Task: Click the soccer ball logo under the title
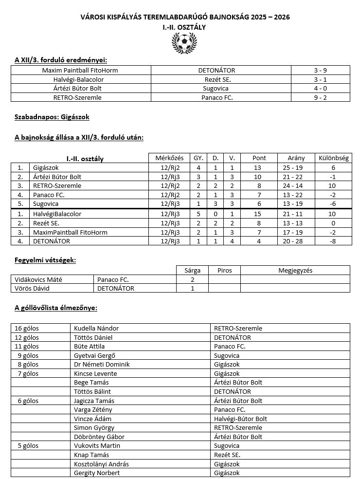pos(184,42)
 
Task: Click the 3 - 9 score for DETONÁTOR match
pos(320,71)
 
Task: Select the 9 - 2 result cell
pos(320,97)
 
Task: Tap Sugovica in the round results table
pos(216,89)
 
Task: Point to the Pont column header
pos(259,158)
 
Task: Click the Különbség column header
pos(333,158)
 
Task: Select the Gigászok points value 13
pos(257,167)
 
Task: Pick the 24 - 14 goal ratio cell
pos(296,186)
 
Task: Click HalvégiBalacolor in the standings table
pos(57,214)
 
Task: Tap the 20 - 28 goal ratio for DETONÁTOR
pos(296,241)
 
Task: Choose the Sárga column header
pos(192,270)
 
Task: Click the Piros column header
pos(224,270)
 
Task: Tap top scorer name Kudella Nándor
pos(96,328)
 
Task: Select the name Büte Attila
pos(89,347)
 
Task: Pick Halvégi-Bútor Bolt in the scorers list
pos(240,419)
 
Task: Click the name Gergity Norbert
pos(97,473)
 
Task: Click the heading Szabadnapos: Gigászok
pos(52,117)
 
